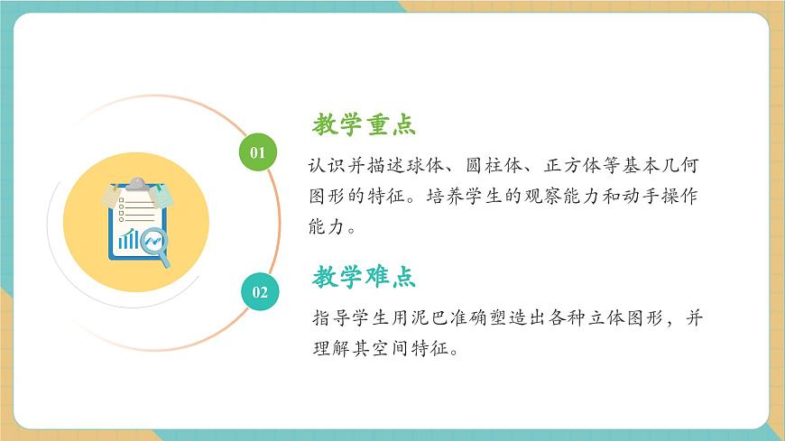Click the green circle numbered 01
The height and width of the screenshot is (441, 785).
click(258, 152)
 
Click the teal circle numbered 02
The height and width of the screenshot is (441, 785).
click(259, 291)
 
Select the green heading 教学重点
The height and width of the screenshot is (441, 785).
click(364, 124)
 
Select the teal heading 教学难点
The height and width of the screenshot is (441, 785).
click(364, 277)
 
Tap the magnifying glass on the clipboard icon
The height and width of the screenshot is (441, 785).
click(157, 245)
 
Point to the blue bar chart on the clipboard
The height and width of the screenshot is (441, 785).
click(128, 239)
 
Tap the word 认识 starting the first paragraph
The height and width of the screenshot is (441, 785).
click(321, 168)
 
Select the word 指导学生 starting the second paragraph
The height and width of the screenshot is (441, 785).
click(351, 319)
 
